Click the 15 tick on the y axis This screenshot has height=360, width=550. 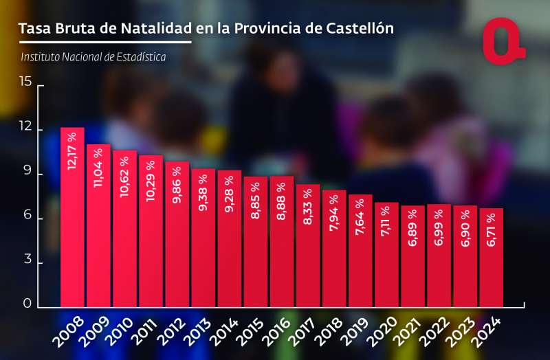(x=25, y=82)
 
